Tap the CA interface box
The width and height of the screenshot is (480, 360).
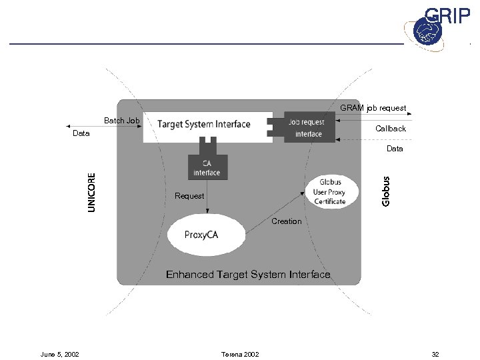207,168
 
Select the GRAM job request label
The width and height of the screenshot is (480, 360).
373,107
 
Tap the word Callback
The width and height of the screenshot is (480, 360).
390,129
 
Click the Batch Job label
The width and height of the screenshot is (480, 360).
121,121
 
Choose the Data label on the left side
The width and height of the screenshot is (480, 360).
81,134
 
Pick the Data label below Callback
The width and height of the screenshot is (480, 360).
395,149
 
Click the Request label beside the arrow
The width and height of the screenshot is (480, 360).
189,196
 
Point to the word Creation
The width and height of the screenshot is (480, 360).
287,221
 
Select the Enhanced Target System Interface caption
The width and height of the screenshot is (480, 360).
247,274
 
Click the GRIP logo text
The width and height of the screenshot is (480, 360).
448,17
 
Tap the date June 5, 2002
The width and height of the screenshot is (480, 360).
60,354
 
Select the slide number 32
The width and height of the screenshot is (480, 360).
435,354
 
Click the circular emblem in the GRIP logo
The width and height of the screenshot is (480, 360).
425,31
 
